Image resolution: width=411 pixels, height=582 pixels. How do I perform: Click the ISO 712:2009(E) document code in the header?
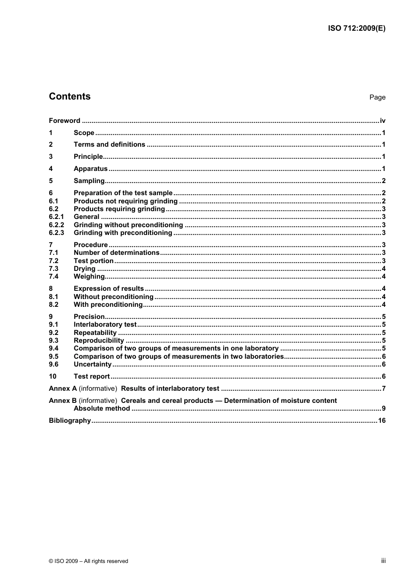point(356,29)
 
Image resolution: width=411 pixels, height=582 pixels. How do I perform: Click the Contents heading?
point(70,96)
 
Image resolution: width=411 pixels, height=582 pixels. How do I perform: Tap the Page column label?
point(377,97)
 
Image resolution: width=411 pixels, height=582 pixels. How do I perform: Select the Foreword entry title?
point(64,121)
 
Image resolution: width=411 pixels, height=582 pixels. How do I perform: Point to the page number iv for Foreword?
point(382,121)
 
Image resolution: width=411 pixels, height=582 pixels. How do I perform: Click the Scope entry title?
point(84,133)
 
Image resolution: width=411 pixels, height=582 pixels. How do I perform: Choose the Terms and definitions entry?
point(109,145)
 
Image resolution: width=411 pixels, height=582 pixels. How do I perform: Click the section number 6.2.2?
point(56,225)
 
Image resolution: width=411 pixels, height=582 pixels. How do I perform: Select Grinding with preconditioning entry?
point(123,233)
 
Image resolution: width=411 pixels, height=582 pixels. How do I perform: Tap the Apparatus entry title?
point(90,169)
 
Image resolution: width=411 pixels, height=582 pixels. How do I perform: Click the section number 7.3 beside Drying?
point(54,269)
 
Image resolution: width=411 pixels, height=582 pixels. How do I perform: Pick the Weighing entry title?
point(89,277)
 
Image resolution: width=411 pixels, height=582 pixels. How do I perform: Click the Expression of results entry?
point(109,289)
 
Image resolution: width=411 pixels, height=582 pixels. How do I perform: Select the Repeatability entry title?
point(95,333)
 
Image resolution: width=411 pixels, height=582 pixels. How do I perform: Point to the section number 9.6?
point(54,364)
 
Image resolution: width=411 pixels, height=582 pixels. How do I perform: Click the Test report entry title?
point(92,376)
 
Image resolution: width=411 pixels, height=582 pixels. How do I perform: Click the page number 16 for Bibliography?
point(382,421)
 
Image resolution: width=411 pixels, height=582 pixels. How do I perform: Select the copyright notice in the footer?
point(89,561)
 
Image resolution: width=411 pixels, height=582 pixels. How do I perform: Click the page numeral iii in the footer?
point(383,561)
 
